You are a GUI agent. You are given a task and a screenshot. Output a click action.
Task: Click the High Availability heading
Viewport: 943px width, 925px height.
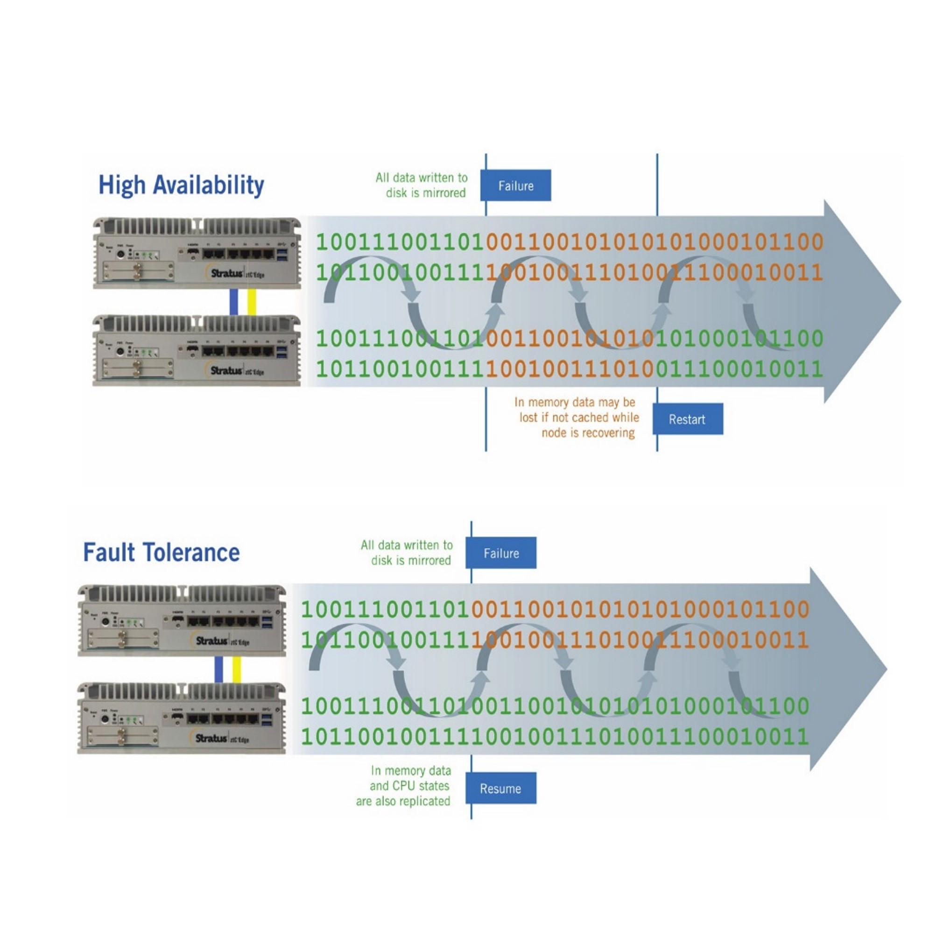click(181, 185)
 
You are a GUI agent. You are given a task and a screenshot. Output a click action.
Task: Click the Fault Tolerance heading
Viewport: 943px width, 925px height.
click(161, 552)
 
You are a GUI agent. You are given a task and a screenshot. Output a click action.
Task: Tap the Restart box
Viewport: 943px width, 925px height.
click(687, 419)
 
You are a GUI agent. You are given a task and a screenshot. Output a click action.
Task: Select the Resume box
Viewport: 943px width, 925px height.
click(500, 788)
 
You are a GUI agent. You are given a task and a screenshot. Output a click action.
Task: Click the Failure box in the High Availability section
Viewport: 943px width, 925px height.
click(515, 185)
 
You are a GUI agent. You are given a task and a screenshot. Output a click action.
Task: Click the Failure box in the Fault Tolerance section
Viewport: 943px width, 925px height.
click(500, 553)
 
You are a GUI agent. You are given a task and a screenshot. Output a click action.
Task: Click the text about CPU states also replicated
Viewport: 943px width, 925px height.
click(409, 786)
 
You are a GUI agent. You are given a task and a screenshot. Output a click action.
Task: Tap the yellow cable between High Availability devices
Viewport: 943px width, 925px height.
click(252, 302)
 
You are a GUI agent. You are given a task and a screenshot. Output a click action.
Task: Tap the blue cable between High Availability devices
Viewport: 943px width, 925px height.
click(233, 302)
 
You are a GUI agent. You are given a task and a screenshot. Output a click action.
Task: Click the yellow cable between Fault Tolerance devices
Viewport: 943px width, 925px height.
click(237, 669)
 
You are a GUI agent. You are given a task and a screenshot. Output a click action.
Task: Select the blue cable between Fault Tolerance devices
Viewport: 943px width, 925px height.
click(219, 669)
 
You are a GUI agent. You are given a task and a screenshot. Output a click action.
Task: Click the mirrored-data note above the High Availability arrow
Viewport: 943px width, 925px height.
click(422, 185)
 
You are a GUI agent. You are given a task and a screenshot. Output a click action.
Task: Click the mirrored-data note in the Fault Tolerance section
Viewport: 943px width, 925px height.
click(407, 552)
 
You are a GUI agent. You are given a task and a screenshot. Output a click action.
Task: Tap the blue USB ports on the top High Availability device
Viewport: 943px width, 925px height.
click(281, 255)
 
